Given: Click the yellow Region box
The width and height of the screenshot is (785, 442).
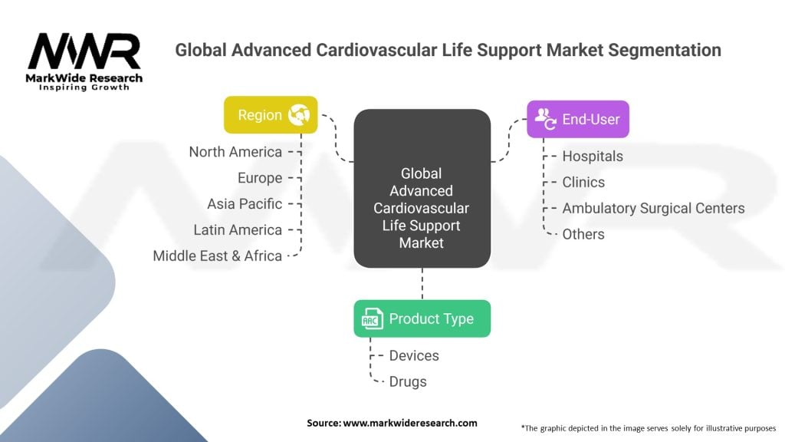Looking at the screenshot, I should [x=271, y=115].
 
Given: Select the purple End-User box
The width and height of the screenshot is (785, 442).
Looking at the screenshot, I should [x=577, y=119].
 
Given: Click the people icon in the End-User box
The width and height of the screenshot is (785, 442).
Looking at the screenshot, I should [x=545, y=118].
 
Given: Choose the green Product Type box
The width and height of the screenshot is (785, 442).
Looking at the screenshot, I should [x=422, y=318].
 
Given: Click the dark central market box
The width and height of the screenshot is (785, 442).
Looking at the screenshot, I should [x=422, y=188].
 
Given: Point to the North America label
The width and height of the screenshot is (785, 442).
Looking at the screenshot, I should [x=235, y=152].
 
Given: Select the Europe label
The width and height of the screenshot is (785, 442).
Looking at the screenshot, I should [x=260, y=178].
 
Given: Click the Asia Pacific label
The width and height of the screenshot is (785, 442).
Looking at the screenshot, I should [x=245, y=204].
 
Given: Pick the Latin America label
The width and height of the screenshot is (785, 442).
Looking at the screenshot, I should [x=238, y=230].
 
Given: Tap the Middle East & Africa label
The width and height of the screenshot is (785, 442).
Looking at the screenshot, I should [x=217, y=256].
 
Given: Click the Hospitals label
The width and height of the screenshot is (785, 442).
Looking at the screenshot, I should [x=593, y=157].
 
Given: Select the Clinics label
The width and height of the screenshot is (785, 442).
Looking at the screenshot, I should [x=583, y=183].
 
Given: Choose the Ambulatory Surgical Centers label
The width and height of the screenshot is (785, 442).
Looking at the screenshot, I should [x=653, y=209].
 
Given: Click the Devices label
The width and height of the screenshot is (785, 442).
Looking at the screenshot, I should [x=414, y=356].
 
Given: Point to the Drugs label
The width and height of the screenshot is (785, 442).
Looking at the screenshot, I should [x=408, y=382].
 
